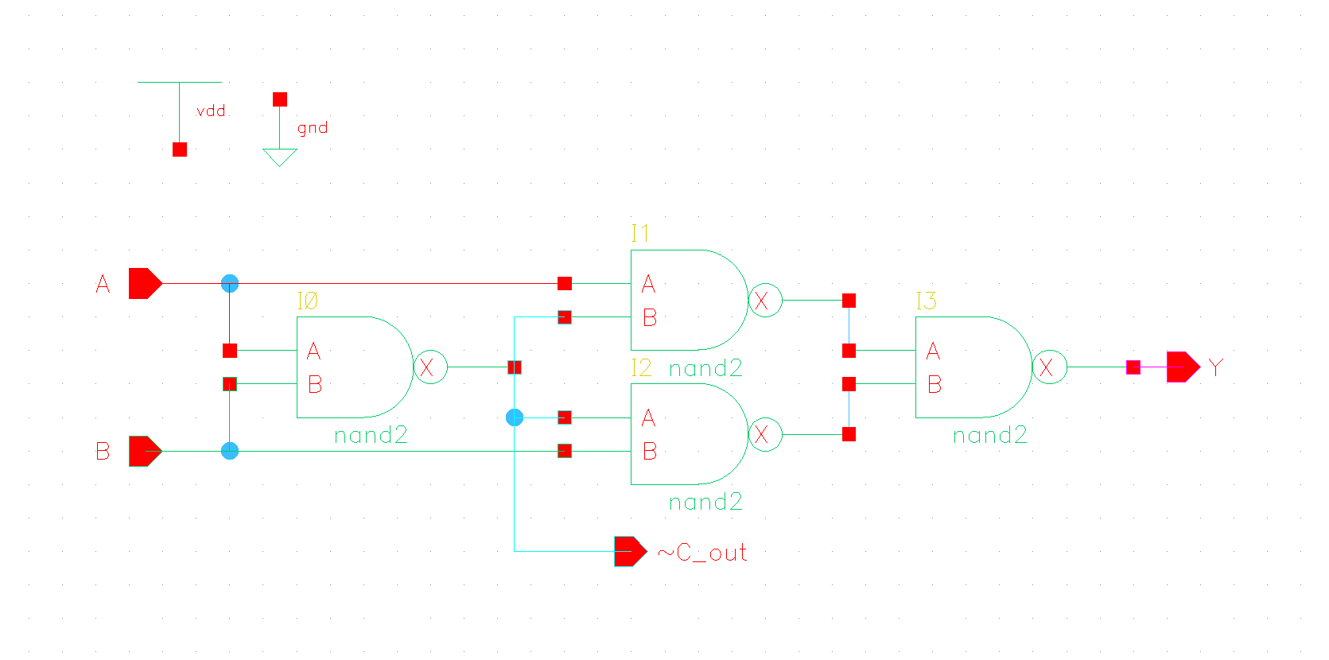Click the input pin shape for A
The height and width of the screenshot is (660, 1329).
pyautogui.click(x=144, y=283)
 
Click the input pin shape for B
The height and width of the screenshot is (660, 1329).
pyautogui.click(x=144, y=451)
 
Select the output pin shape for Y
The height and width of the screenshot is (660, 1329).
pyautogui.click(x=1182, y=367)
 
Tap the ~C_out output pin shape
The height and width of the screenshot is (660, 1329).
pyautogui.click(x=630, y=551)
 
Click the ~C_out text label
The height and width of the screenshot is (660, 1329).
pyautogui.click(x=703, y=553)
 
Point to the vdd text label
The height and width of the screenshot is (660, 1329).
pyautogui.click(x=211, y=111)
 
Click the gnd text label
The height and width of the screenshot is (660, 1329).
pyautogui.click(x=313, y=128)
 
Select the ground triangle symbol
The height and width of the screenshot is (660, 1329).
pyautogui.click(x=280, y=157)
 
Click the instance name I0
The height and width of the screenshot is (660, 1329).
pyautogui.click(x=308, y=301)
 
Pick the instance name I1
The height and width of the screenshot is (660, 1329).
pyautogui.click(x=640, y=233)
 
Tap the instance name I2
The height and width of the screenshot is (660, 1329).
pyautogui.click(x=642, y=367)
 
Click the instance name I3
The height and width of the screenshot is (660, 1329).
pyautogui.click(x=927, y=301)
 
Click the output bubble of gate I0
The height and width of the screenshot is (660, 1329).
pyautogui.click(x=430, y=367)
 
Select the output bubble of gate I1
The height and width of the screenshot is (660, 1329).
pyautogui.click(x=765, y=301)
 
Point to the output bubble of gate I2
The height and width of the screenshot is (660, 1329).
pyautogui.click(x=765, y=434)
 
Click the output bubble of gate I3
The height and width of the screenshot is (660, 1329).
pyautogui.click(x=1049, y=367)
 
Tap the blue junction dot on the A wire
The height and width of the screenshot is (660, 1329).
pyautogui.click(x=230, y=283)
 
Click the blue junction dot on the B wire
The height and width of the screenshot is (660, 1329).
pyautogui.click(x=230, y=451)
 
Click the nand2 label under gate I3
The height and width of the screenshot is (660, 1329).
pyautogui.click(x=990, y=435)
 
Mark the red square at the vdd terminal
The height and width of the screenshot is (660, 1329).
pyautogui.click(x=180, y=149)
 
